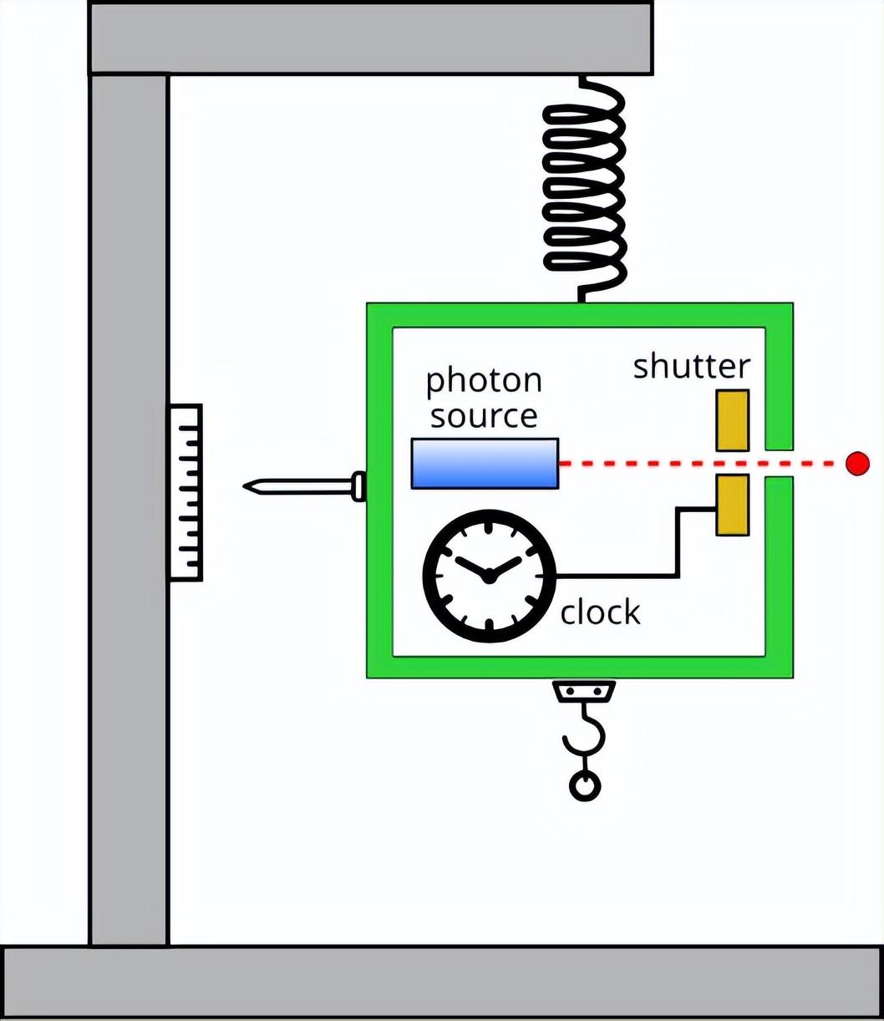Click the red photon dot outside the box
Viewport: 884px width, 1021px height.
coord(857,463)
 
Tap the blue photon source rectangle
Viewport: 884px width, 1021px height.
coord(485,463)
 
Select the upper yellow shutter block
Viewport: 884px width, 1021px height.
coord(732,419)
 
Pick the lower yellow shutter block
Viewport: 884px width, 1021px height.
coord(732,505)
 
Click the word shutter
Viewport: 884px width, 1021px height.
coord(691,367)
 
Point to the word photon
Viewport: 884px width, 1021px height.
coord(484,382)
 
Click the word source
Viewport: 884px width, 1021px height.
coord(484,415)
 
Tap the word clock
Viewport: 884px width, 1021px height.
coord(600,612)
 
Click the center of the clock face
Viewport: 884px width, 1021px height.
coord(489,577)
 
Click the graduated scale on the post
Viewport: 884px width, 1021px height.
coord(185,492)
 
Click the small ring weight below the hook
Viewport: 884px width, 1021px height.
coord(585,785)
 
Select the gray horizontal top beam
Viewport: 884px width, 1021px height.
coord(370,38)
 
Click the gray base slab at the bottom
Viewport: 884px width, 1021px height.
coord(442,981)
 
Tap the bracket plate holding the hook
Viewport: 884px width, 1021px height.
coord(584,691)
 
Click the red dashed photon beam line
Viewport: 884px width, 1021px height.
coord(635,463)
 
